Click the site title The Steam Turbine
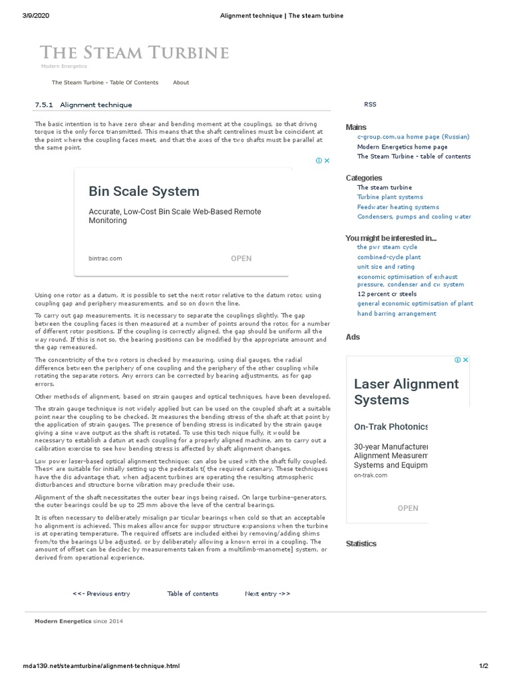[x=134, y=53]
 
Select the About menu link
[x=181, y=83]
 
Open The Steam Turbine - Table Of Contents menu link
[x=105, y=83]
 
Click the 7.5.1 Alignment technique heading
[x=83, y=105]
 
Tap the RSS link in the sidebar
[x=370, y=104]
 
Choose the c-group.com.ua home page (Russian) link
[x=413, y=137]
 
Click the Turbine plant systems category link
[x=390, y=197]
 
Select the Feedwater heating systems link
[x=398, y=207]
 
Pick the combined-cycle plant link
[x=389, y=257]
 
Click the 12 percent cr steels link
[x=387, y=294]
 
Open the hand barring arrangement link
[x=397, y=314]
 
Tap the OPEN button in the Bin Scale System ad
[x=241, y=258]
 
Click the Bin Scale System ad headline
[x=144, y=191]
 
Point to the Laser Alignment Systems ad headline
[x=406, y=392]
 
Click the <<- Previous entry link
[x=101, y=593]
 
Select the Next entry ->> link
[x=267, y=593]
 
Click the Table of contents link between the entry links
[x=192, y=593]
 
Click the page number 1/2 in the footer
[x=484, y=666]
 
